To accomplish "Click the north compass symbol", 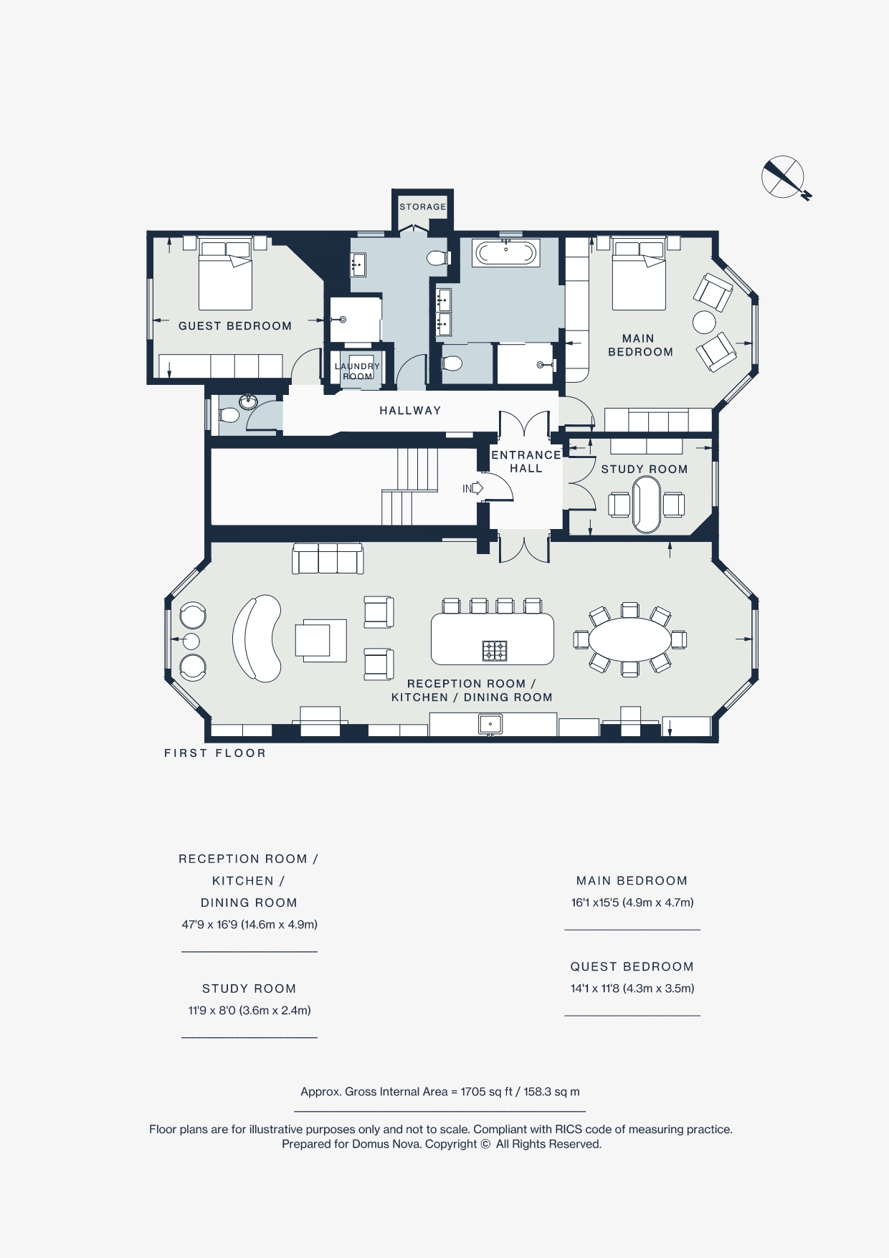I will (784, 177).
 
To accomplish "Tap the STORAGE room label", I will (422, 206).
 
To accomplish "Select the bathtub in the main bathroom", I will (506, 253).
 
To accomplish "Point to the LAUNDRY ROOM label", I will (357, 371).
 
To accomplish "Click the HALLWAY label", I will (410, 411).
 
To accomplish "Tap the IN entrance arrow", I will (473, 489).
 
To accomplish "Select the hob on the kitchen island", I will (495, 651).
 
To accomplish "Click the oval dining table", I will (630, 639).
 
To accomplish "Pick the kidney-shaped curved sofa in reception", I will (256, 637).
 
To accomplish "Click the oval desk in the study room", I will (646, 505).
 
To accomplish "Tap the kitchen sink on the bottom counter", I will (490, 724).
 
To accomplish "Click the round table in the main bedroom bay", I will (704, 322).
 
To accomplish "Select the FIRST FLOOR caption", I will (215, 753).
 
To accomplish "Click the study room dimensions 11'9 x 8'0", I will (249, 1011).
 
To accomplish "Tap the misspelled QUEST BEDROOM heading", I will (632, 967).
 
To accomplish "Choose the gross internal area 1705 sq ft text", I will (439, 1092).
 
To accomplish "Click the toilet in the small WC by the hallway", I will (229, 415).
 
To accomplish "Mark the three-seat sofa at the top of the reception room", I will (328, 558).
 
